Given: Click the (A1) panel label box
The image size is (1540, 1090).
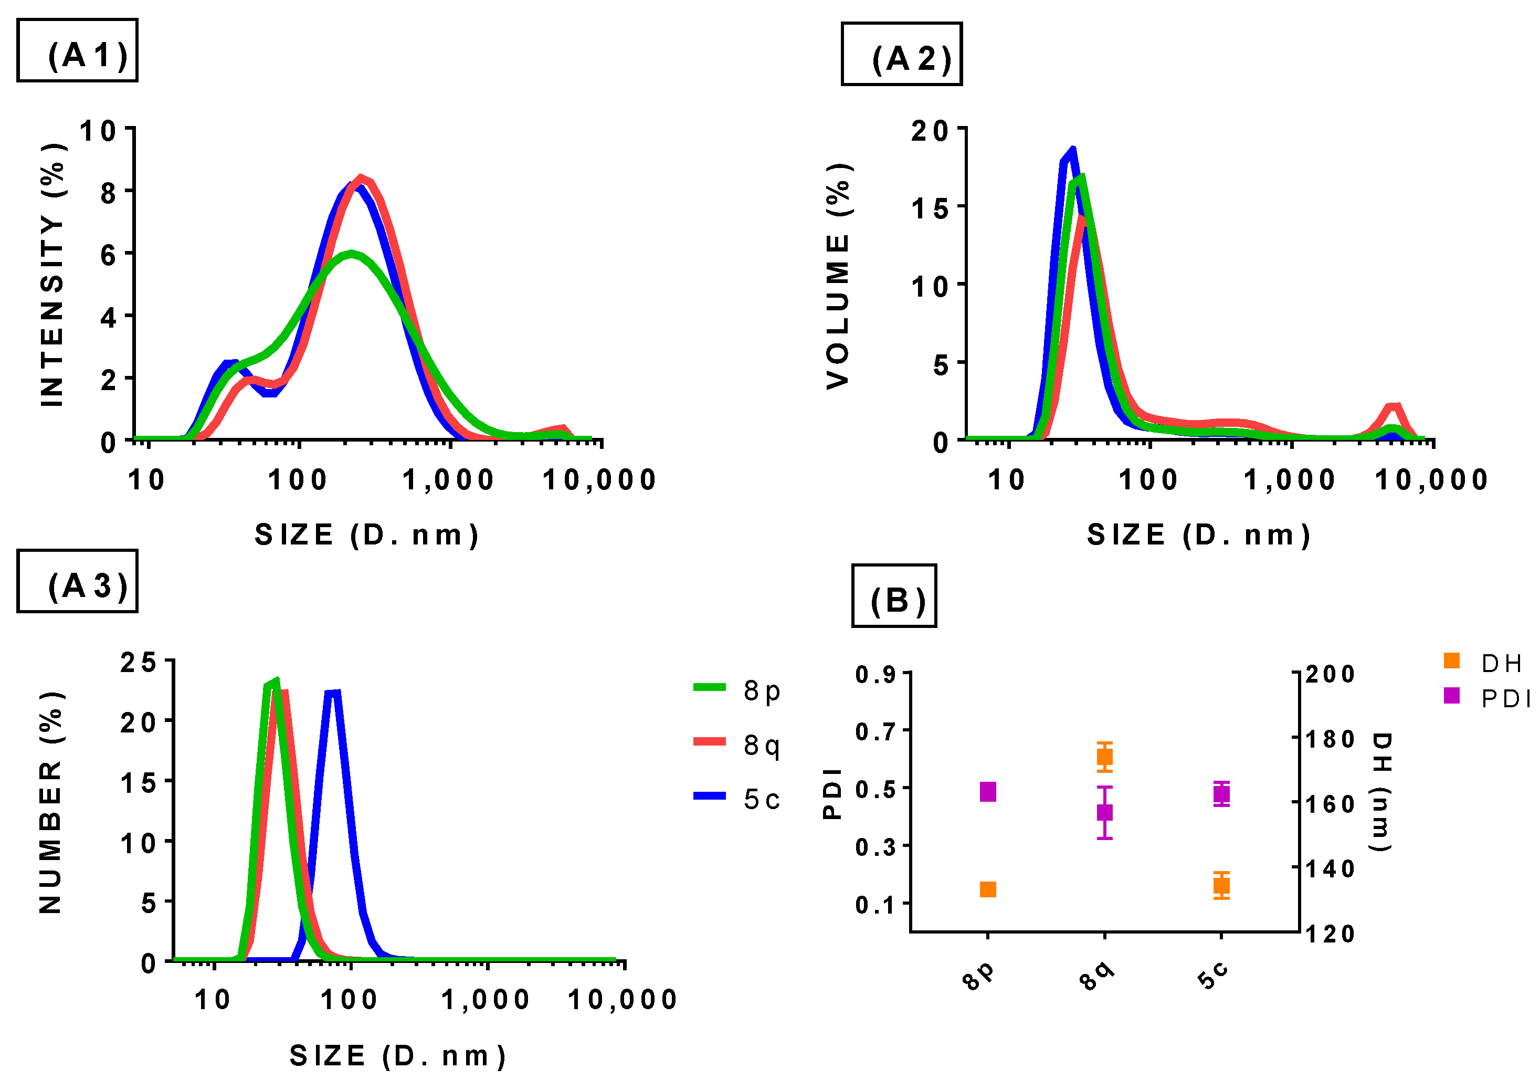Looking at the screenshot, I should pyautogui.click(x=77, y=50).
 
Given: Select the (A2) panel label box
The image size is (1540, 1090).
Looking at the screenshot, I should pyautogui.click(x=901, y=54).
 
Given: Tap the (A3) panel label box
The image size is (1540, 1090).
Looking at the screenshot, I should pyautogui.click(x=77, y=581).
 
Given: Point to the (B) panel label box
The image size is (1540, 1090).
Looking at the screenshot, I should pyautogui.click(x=894, y=595).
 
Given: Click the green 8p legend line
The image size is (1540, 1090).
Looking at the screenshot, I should pyautogui.click(x=709, y=687).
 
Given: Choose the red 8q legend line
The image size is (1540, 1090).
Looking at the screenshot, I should pyautogui.click(x=709, y=741).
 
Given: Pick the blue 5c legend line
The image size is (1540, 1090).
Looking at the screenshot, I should pyautogui.click(x=709, y=795).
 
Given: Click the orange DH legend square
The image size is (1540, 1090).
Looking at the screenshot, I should pyautogui.click(x=1451, y=661).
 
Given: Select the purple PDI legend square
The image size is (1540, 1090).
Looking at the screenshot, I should pyautogui.click(x=1451, y=695).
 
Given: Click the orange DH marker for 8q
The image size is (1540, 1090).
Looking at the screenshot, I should pyautogui.click(x=1104, y=757).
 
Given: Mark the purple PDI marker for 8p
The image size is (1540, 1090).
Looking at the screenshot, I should pyautogui.click(x=988, y=792).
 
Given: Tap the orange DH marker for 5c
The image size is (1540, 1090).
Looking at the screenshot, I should pyautogui.click(x=1221, y=886).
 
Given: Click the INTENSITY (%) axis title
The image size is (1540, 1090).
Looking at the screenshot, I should pyautogui.click(x=52, y=275).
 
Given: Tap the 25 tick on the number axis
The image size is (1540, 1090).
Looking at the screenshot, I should pyautogui.click(x=138, y=663).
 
